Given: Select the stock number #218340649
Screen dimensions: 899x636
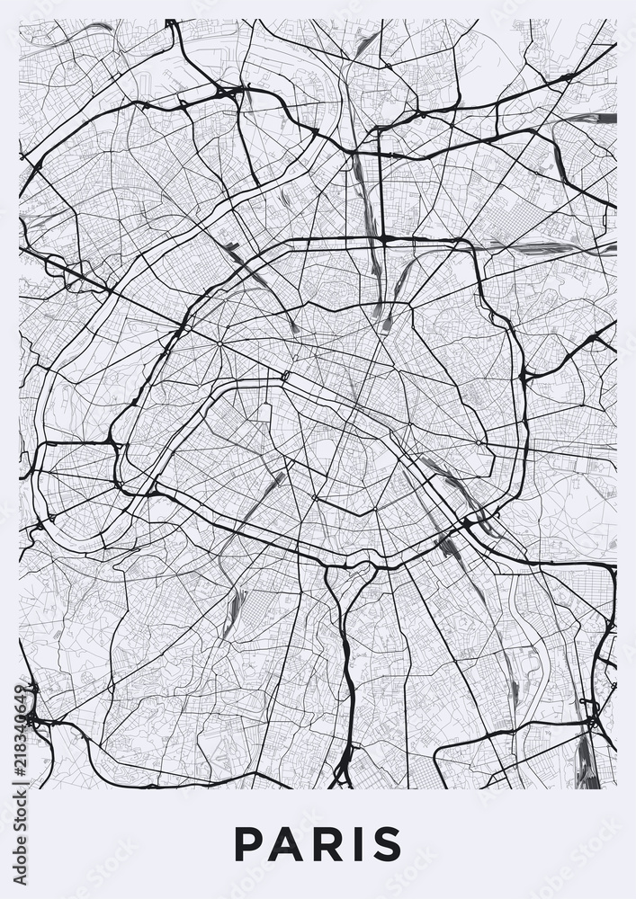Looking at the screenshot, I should coord(20,729).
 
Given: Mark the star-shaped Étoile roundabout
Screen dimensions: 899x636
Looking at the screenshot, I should coord(219,343).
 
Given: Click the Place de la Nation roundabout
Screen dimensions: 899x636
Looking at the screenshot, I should coord(479,442).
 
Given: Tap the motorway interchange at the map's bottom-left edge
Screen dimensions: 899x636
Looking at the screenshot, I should coord(31,715).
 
